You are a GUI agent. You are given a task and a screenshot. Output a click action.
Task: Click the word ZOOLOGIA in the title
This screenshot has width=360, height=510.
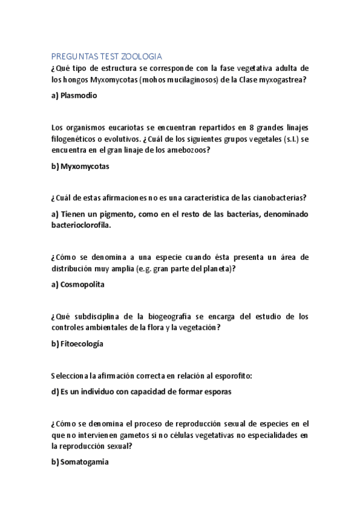pyautogui.click(x=141, y=57)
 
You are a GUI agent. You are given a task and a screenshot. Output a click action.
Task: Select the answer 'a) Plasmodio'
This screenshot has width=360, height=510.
pyautogui.click(x=75, y=95)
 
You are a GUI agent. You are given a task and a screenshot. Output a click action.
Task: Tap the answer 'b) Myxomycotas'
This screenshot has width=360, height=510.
pyautogui.click(x=81, y=167)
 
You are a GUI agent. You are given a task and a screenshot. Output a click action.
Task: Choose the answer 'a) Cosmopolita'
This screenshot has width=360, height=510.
pyautogui.click(x=78, y=284)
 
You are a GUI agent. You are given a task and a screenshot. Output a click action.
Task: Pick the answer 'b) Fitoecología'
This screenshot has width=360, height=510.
pyautogui.click(x=78, y=344)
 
